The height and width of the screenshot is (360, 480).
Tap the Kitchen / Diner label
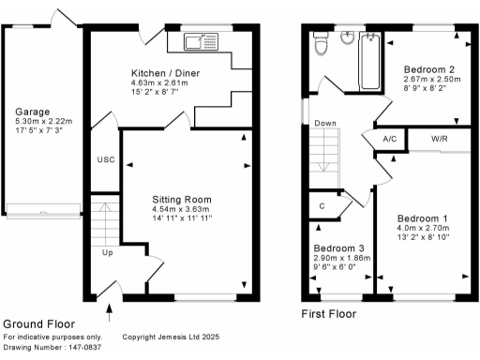tap(165, 73)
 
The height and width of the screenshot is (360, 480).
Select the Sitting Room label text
tap(182, 200)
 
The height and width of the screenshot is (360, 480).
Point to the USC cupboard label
tap(105, 160)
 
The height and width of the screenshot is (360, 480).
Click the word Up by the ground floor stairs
tap(109, 253)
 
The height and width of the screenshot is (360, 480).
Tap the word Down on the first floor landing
tap(325, 124)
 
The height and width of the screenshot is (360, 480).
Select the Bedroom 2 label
tap(430, 70)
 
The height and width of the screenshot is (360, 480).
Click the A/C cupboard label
tap(389, 141)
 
